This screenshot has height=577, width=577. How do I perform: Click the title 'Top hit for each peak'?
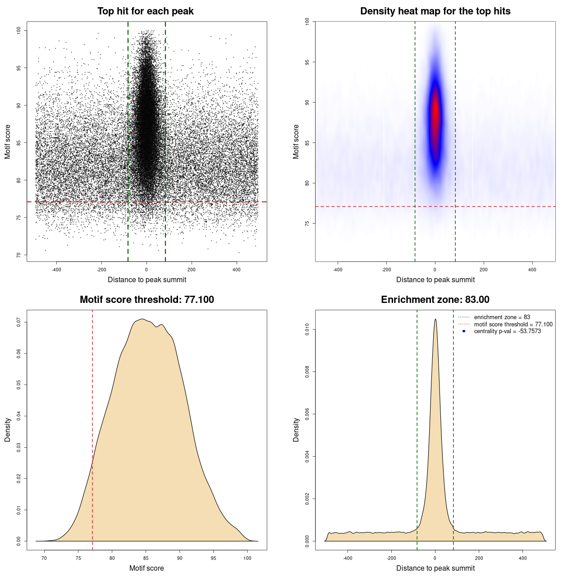[145, 11]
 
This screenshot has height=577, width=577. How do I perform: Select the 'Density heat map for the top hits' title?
[435, 11]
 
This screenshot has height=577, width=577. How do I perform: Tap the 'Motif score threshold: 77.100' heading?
[147, 300]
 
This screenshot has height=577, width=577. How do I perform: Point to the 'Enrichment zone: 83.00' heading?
[435, 300]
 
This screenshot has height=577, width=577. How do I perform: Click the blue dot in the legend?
[464, 331]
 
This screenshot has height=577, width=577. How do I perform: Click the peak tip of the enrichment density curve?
[435, 320]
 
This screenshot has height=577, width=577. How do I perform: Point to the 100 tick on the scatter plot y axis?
[18, 30]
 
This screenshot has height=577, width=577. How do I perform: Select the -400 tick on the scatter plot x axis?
[56, 270]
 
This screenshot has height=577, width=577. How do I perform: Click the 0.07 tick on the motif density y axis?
[18, 322]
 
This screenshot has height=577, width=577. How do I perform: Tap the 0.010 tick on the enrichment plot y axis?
[307, 330]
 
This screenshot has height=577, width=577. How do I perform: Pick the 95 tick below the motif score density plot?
[214, 558]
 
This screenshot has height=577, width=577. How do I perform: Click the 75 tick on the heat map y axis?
[307, 224]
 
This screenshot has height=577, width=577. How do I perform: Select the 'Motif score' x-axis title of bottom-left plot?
[147, 568]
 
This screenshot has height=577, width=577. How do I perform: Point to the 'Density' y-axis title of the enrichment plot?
[296, 430]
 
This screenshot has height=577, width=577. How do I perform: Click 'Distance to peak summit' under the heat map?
[435, 279]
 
